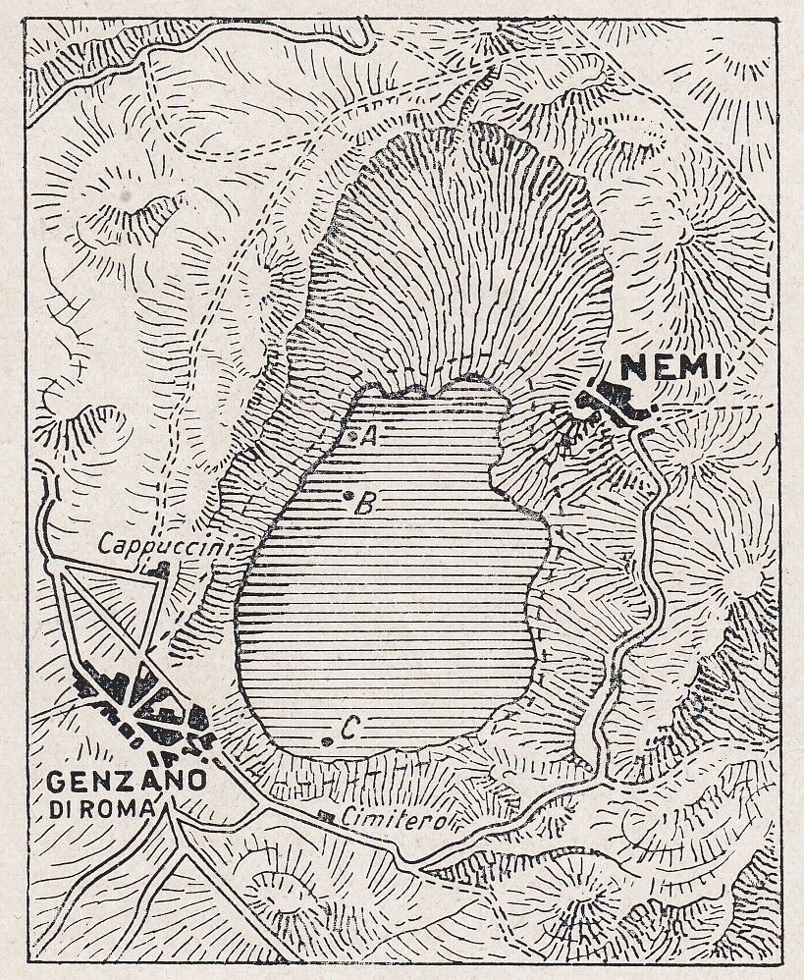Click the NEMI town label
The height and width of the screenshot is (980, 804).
(x=673, y=368)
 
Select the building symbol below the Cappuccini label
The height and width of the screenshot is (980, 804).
(x=156, y=570)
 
